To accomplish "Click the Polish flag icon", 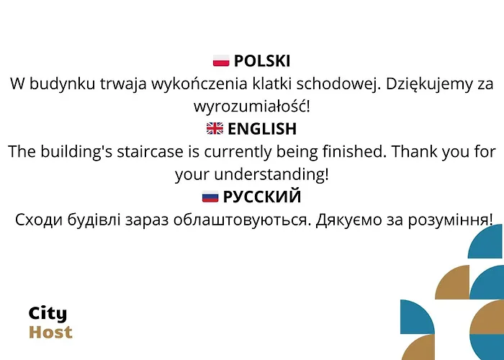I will pyautogui.click(x=221, y=61).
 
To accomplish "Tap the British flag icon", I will pyautogui.click(x=215, y=129).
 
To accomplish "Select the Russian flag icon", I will pyautogui.click(x=210, y=197).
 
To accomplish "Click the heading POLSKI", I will pyautogui.click(x=262, y=61).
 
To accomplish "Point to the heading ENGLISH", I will pyautogui.click(x=262, y=129).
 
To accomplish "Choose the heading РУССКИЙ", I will pyautogui.click(x=262, y=197).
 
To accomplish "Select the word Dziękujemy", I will pyautogui.click(x=427, y=84).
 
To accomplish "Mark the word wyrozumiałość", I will pyautogui.click(x=252, y=107).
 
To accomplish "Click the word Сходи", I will pyautogui.click(x=40, y=219).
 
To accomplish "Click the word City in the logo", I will pyautogui.click(x=48, y=313).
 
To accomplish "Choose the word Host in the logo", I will pyautogui.click(x=50, y=332).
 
